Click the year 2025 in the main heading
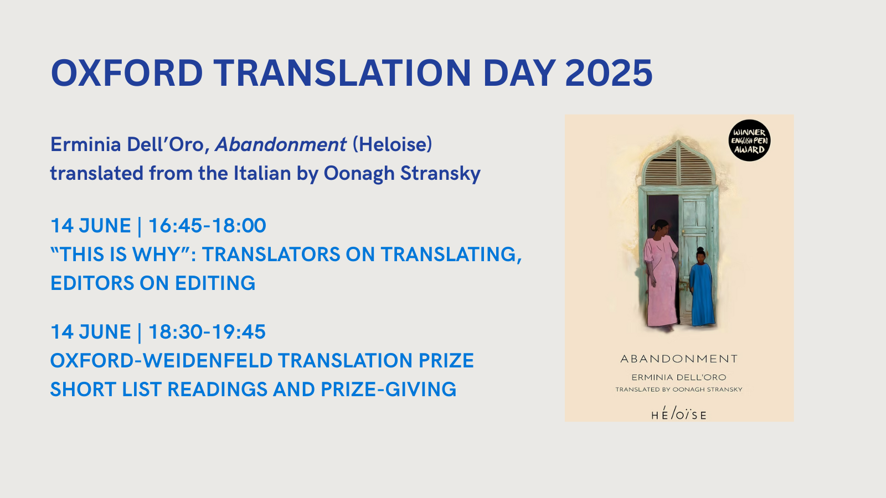[x=609, y=73]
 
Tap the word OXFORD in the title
[x=127, y=73]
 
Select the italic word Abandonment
[x=281, y=144]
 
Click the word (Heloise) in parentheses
[x=393, y=144]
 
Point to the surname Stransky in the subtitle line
[x=440, y=174]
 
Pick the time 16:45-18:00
[x=207, y=226]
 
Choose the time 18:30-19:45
[x=207, y=331]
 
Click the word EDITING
[x=215, y=283]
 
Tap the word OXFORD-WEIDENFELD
[x=161, y=360]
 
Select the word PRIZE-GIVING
[x=388, y=390]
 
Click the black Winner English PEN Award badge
[x=749, y=141]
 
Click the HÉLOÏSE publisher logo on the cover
[x=679, y=413]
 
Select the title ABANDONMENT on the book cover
[x=679, y=359]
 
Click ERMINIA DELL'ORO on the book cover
[x=679, y=377]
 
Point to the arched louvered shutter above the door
[x=679, y=163]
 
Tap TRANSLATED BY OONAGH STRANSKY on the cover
[x=679, y=390]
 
